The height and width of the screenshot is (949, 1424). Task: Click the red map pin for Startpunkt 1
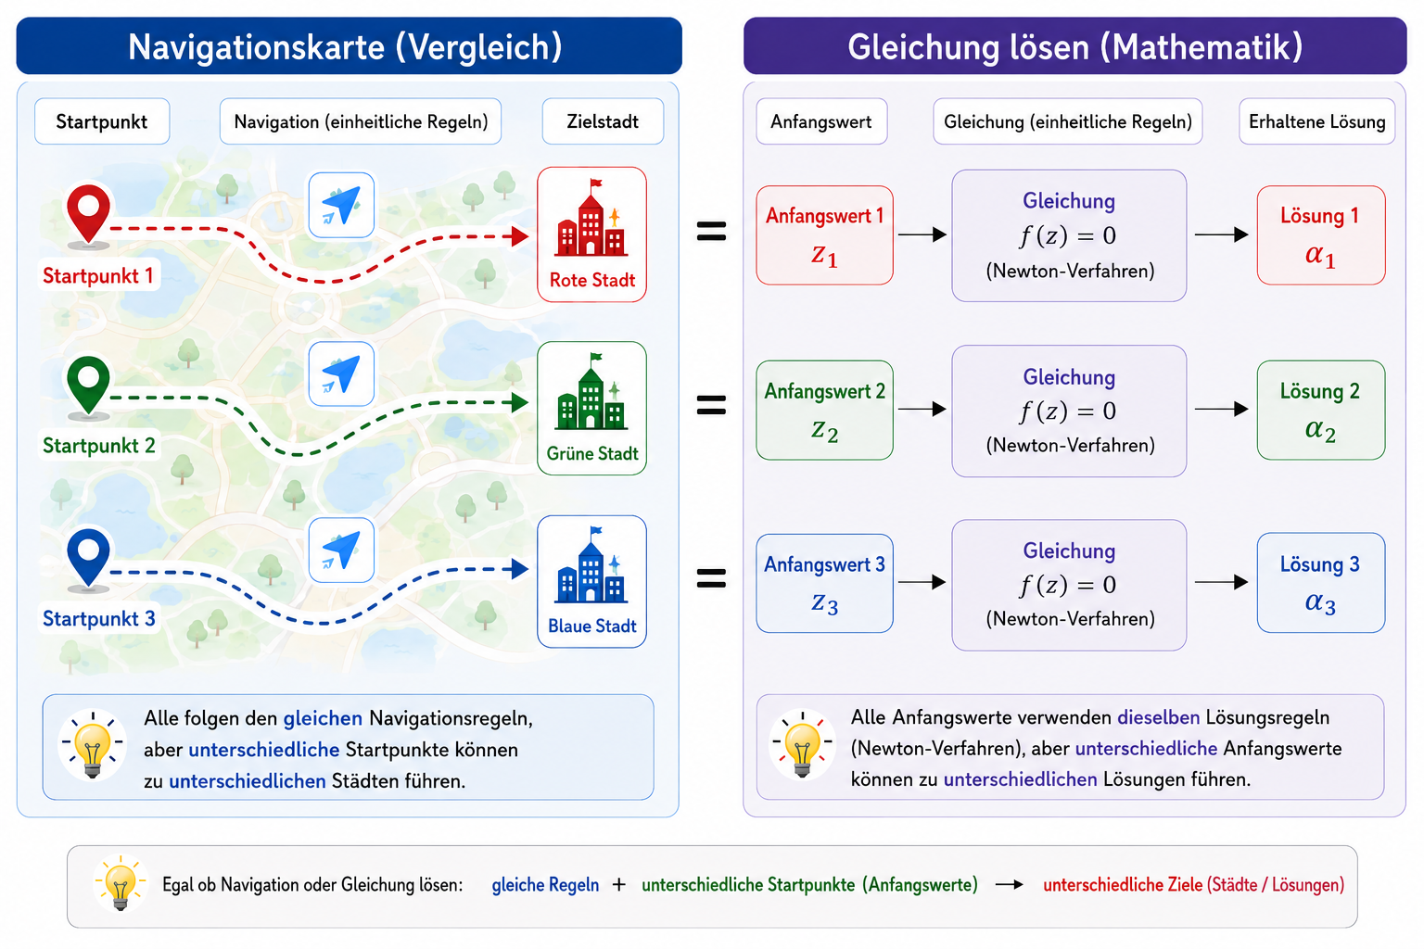click(88, 213)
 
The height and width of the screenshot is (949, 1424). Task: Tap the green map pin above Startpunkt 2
click(88, 386)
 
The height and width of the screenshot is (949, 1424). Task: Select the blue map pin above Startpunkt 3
click(88, 558)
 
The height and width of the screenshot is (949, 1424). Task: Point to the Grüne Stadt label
click(591, 454)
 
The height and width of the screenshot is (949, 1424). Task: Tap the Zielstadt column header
click(603, 121)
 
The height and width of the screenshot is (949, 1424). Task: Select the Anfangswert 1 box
click(824, 235)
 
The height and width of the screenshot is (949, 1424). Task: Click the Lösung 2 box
click(1321, 410)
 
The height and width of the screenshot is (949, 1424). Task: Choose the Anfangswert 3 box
click(824, 584)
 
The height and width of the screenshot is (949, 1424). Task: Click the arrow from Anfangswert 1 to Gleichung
click(922, 234)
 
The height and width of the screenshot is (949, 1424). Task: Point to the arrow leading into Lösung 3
click(1221, 582)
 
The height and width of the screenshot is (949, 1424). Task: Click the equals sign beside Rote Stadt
click(711, 231)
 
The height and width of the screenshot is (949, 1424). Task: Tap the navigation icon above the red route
click(341, 206)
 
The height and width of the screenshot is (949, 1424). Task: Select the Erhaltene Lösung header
click(1316, 121)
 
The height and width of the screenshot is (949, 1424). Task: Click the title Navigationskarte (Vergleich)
click(345, 47)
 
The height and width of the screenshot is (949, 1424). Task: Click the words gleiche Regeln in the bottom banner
click(545, 885)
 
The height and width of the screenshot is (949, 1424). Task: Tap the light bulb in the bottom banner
click(121, 883)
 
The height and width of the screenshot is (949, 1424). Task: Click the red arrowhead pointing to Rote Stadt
click(520, 237)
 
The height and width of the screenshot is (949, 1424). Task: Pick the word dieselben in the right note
click(1158, 717)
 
